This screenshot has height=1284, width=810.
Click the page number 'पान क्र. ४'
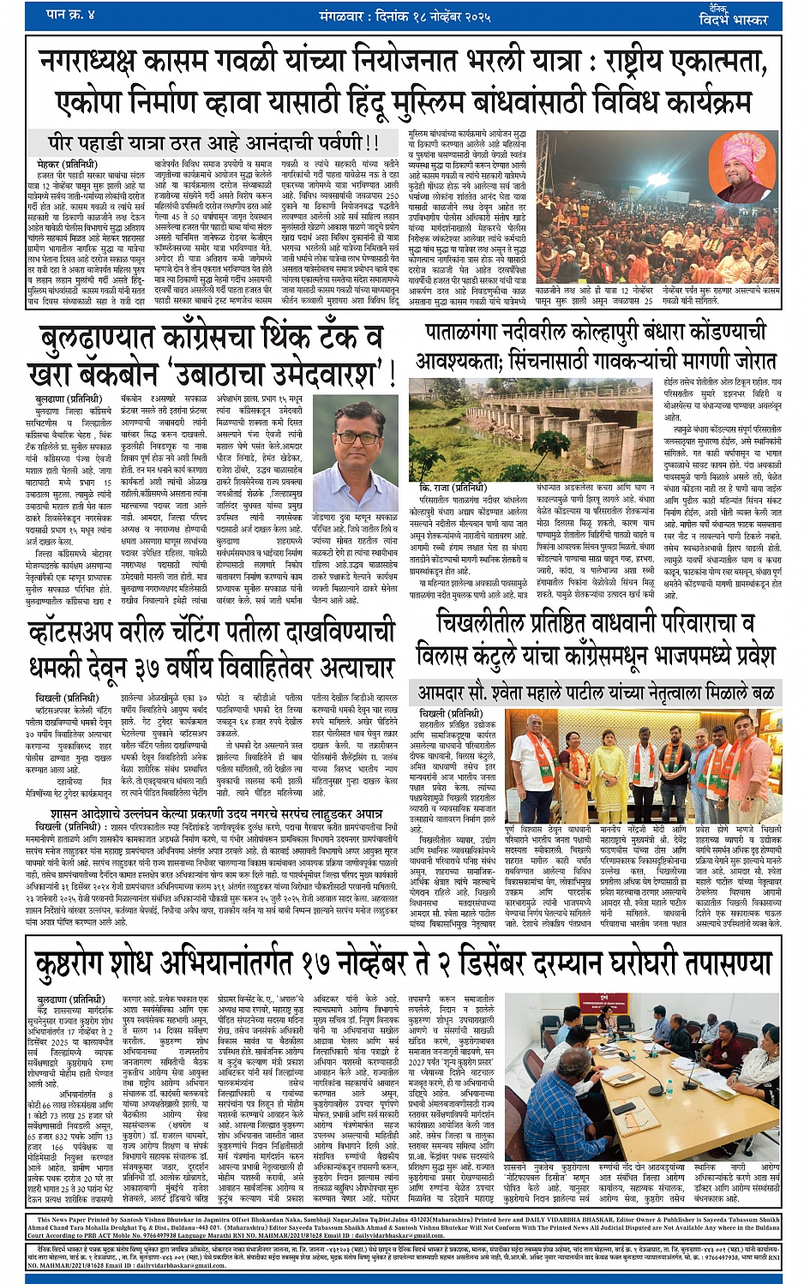tap(70, 15)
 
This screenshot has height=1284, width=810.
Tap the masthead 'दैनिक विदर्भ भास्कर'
tap(745, 15)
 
